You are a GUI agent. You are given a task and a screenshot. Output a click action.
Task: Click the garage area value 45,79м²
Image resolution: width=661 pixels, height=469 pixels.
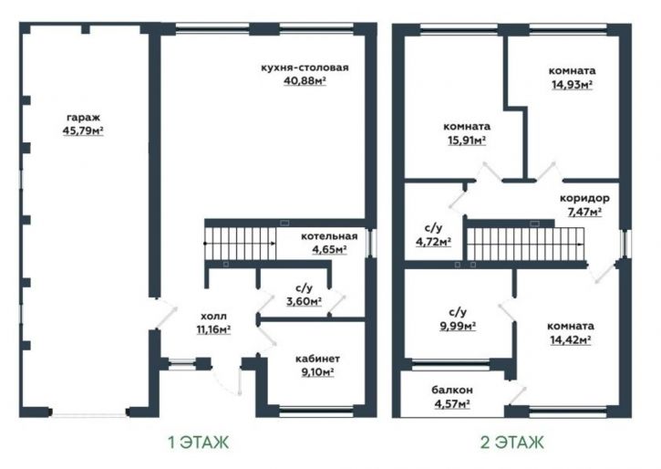(x=83, y=130)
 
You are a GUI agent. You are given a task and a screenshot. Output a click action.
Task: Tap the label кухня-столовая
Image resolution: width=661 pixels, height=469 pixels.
(x=305, y=68)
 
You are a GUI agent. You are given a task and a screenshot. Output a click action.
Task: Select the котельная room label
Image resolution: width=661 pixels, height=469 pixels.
(x=329, y=236)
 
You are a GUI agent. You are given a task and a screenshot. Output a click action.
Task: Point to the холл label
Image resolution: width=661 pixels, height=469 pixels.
(x=213, y=317)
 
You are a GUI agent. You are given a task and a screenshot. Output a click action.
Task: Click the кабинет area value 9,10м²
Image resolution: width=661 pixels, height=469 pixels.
(x=317, y=372)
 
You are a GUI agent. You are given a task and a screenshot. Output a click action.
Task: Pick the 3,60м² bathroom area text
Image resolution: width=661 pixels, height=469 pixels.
(x=304, y=301)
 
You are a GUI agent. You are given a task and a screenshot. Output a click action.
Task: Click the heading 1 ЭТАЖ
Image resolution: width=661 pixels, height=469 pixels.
(x=199, y=443)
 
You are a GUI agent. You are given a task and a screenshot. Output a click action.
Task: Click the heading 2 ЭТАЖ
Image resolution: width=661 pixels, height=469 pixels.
(x=511, y=443)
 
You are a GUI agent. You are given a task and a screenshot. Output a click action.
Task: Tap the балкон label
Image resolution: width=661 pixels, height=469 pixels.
(x=452, y=391)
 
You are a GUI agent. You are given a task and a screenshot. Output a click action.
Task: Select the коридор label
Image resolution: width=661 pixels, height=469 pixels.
(x=584, y=198)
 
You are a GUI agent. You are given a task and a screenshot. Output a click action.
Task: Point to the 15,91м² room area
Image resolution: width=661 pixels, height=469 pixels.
(x=467, y=141)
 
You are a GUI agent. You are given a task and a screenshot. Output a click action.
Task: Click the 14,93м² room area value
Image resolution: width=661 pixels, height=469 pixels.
(x=572, y=85)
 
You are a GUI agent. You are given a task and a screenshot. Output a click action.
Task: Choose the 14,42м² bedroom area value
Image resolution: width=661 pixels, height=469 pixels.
(x=571, y=340)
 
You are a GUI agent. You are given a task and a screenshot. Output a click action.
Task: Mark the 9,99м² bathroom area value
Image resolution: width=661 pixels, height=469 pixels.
(x=458, y=326)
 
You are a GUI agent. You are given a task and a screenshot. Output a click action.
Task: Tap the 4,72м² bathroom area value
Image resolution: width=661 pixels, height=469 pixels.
(x=434, y=242)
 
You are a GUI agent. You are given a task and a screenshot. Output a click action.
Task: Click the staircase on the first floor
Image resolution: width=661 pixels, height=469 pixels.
(x=241, y=244)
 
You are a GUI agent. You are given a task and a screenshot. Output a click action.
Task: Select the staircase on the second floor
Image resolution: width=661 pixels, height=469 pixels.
(x=526, y=245)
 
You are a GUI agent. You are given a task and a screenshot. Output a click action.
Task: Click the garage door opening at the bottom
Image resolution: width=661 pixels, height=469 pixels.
(x=88, y=414)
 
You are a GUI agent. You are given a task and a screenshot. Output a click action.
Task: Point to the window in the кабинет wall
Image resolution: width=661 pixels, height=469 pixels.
(x=316, y=412)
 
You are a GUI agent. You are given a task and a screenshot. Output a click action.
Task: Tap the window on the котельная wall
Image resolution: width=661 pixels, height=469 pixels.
(x=371, y=244)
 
